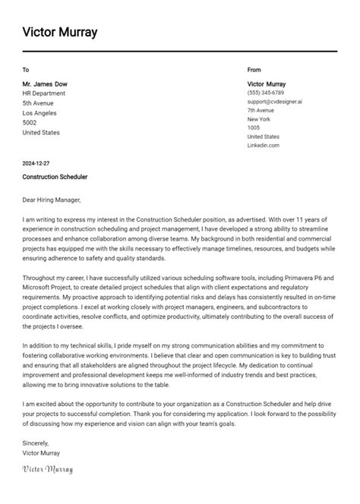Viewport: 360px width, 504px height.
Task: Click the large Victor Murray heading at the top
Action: pyautogui.click(x=60, y=32)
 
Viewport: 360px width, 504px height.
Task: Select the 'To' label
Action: pyautogui.click(x=26, y=70)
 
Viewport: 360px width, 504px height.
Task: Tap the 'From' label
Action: pyautogui.click(x=254, y=70)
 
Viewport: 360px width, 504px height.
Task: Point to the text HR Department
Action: pyautogui.click(x=44, y=93)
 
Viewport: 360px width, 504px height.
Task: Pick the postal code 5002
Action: pyautogui.click(x=30, y=122)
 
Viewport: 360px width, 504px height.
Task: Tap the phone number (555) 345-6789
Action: pyautogui.click(x=265, y=93)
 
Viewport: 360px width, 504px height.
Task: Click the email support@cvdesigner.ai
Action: pyautogui.click(x=274, y=101)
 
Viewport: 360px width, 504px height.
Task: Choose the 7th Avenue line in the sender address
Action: pyautogui.click(x=261, y=110)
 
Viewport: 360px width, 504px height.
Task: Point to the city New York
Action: pyautogui.click(x=258, y=119)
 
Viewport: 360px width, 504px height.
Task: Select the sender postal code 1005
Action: pyautogui.click(x=254, y=128)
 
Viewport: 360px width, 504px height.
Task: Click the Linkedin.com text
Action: pyautogui.click(x=263, y=145)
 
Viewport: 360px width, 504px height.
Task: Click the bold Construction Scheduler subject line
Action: pyautogui.click(x=55, y=177)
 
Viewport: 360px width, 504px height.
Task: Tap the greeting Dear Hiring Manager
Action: pyautogui.click(x=55, y=200)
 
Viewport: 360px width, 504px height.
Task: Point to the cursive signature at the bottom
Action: pyautogui.click(x=48, y=470)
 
